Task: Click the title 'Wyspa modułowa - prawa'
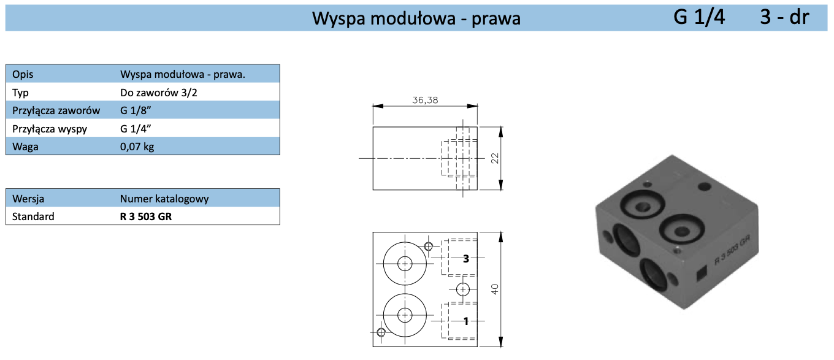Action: pos(416,18)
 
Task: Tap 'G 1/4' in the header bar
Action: pos(699,17)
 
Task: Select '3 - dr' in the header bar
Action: pos(784,17)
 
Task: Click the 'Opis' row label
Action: pos(23,75)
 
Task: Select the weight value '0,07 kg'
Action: pos(137,147)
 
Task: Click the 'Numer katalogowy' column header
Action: pos(164,199)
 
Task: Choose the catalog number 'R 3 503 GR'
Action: pos(146,216)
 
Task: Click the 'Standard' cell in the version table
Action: pos(33,216)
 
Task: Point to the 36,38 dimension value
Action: pos(425,100)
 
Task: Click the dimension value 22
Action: pos(495,158)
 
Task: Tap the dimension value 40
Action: pos(495,289)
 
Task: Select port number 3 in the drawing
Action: pos(466,259)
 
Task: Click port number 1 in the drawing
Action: pos(466,320)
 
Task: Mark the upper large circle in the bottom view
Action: pos(405,264)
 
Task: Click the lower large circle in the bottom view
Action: pos(405,315)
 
